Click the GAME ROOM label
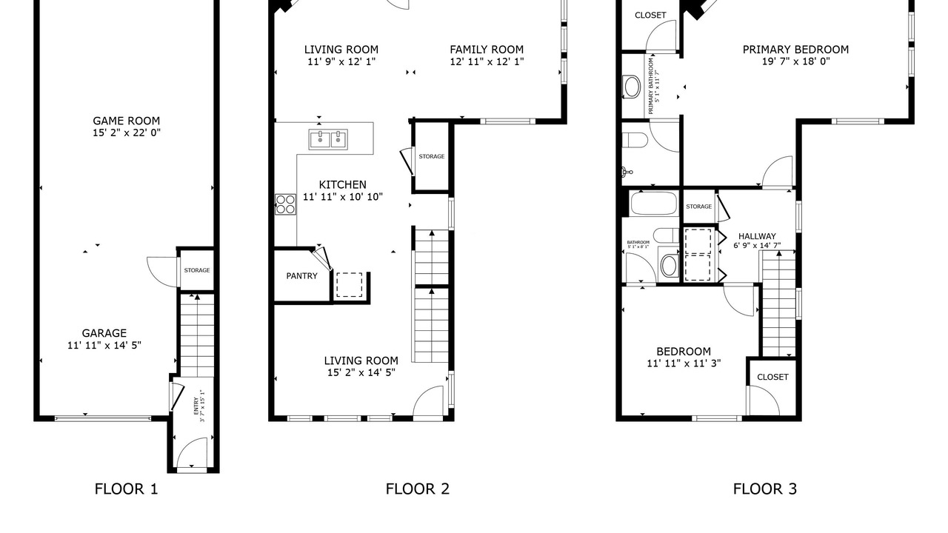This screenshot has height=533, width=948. point(126,121)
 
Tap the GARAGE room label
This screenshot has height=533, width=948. point(104,333)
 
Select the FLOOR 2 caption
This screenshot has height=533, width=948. point(417,489)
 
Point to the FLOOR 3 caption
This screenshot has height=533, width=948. point(765,489)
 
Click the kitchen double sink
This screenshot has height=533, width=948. point(328,140)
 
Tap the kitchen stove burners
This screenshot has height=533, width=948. point(285,204)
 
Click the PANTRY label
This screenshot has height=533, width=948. point(301,276)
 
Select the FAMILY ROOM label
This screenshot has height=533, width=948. point(487,50)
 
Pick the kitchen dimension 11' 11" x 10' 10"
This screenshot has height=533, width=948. point(343,197)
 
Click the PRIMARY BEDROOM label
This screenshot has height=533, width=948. point(795,50)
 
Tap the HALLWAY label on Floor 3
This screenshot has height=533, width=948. point(757,236)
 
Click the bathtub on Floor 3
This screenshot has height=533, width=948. point(653,204)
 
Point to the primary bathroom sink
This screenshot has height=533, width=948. point(632,87)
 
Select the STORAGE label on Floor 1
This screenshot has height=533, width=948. point(197,270)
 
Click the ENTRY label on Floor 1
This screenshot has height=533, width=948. point(196,406)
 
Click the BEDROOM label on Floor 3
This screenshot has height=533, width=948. point(684,352)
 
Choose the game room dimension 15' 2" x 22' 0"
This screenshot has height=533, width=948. point(127,133)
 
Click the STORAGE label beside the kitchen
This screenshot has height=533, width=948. point(432,156)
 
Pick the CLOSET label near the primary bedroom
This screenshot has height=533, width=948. point(650,16)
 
